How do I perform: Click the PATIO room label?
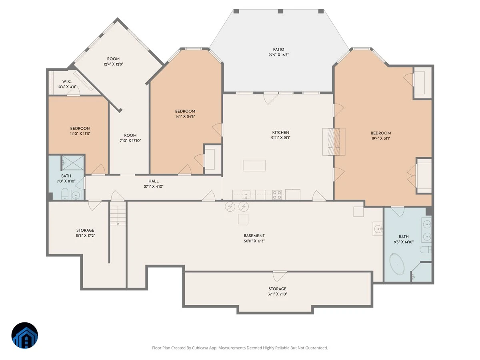pyautogui.click(x=278, y=50)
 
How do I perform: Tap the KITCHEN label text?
pyautogui.click(x=280, y=132)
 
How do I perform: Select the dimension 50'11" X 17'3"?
pyautogui.click(x=254, y=241)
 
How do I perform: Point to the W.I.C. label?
pyautogui.click(x=67, y=82)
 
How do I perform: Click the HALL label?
pyautogui.click(x=154, y=181)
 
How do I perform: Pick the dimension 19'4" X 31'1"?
pyautogui.click(x=381, y=138)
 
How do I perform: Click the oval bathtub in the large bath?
pyautogui.click(x=397, y=264)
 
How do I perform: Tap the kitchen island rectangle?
pyautogui.click(x=254, y=166)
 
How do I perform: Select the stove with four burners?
pyautogui.click(x=277, y=195)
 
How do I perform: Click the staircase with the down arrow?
pyautogui.click(x=118, y=213)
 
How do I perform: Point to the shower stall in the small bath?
pyautogui.click(x=73, y=163)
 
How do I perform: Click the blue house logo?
pyautogui.click(x=25, y=335)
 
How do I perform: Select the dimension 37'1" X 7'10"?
pyautogui.click(x=278, y=294)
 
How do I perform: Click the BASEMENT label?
pyautogui.click(x=254, y=236)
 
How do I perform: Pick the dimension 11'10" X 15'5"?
pyautogui.click(x=80, y=134)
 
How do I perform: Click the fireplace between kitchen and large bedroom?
pyautogui.click(x=334, y=142)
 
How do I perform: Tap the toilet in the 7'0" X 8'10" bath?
pyautogui.click(x=65, y=194)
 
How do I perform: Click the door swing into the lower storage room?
pyautogui.click(x=280, y=276)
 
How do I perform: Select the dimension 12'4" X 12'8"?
pyautogui.click(x=113, y=64)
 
